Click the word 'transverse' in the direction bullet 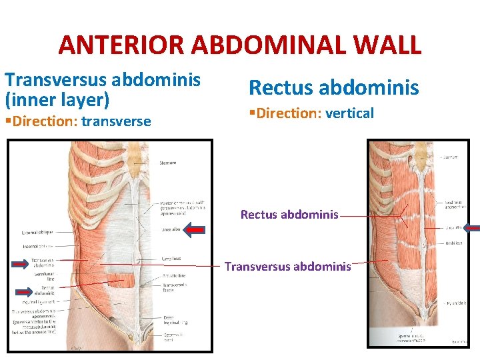tap(115, 121)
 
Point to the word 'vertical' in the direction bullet tap(349, 113)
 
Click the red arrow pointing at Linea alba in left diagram tap(195, 231)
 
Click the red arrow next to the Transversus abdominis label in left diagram tap(21, 263)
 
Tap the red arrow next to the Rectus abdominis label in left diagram tap(25, 291)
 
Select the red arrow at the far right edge tap(471, 228)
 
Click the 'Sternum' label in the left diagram tap(168, 163)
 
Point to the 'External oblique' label tap(37, 232)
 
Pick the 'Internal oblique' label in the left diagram tap(39, 246)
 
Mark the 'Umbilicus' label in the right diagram tap(454, 243)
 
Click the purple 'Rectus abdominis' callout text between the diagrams tap(289, 215)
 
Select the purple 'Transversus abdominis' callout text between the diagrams tap(287, 267)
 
